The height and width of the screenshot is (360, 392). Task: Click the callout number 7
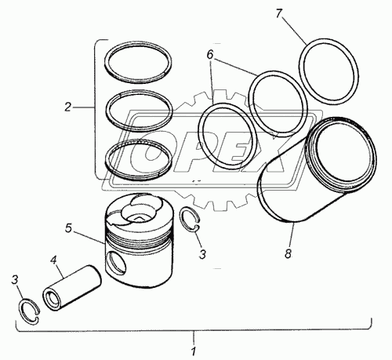tap(279, 13)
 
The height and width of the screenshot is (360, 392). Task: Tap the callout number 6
tap(210, 55)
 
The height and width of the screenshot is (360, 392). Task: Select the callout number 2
tap(67, 107)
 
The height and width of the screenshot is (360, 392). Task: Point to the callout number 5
tap(68, 228)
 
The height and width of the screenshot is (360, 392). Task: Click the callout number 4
tap(53, 260)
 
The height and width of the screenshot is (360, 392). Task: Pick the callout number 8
tap(288, 253)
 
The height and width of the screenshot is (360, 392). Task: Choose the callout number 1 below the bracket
tap(193, 351)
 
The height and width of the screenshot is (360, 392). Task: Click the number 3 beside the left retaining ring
tap(15, 280)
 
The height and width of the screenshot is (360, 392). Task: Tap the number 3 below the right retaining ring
tap(202, 254)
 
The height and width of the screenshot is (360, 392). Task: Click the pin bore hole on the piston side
tap(116, 264)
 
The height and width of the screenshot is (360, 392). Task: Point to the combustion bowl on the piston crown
tap(138, 210)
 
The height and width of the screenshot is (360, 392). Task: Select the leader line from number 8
tap(292, 235)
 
